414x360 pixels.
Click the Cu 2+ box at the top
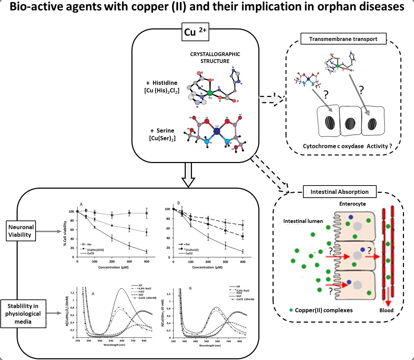(x=195, y=32)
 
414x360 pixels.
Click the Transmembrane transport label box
(x=343, y=39)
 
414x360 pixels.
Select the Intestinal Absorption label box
(x=339, y=192)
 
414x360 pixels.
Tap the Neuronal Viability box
(x=21, y=231)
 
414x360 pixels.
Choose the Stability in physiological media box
(x=23, y=314)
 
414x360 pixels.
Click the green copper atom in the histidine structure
(x=210, y=93)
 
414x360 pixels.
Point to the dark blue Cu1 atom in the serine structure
(x=217, y=132)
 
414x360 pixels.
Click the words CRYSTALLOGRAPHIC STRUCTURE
(x=215, y=57)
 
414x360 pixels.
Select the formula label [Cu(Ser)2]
(x=162, y=138)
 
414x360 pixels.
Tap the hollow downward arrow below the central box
(x=188, y=174)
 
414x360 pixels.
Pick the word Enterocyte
(x=352, y=204)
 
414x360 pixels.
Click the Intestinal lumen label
(x=303, y=221)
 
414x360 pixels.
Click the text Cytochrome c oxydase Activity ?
(x=347, y=146)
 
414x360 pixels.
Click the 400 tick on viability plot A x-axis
(x=147, y=262)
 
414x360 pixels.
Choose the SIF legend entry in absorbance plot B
(x=238, y=287)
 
